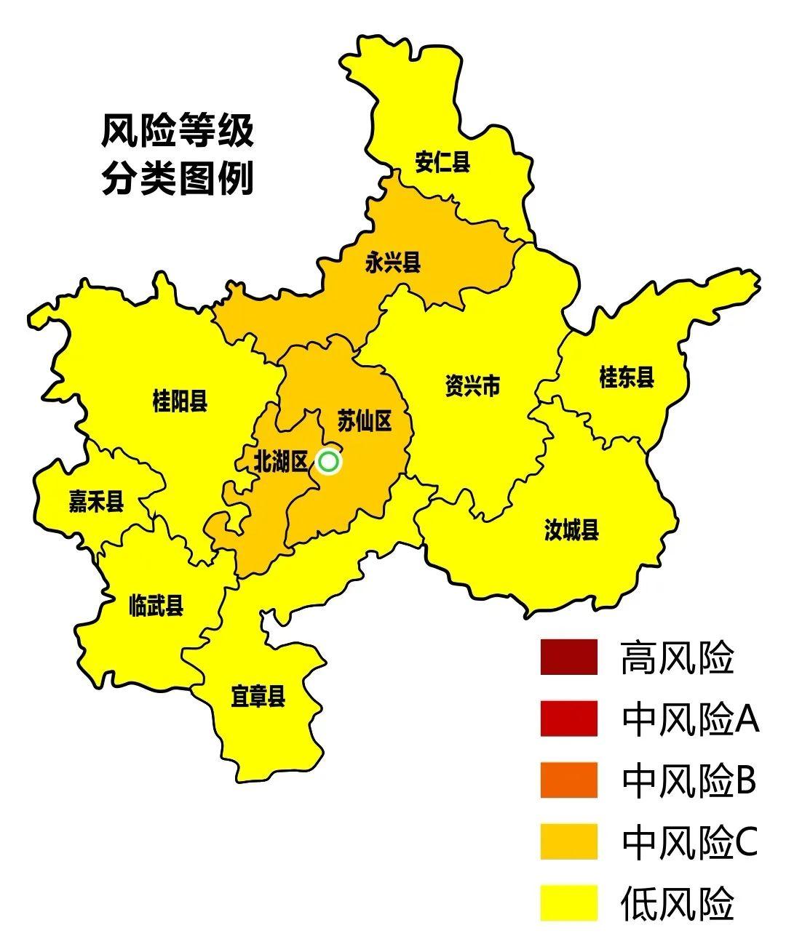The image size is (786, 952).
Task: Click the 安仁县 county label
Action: [442, 161]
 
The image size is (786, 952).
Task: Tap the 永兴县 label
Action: [393, 262]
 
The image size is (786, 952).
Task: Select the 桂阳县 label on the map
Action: [180, 400]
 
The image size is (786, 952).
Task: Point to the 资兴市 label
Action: [472, 385]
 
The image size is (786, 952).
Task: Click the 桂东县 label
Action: [627, 377]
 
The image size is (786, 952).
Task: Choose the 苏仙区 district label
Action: [365, 420]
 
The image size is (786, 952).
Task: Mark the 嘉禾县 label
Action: [96, 501]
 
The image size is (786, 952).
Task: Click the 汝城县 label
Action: [571, 529]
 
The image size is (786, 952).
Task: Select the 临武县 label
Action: [156, 605]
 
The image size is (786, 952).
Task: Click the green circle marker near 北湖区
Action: [329, 462]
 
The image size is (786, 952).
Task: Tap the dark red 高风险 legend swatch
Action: [568, 657]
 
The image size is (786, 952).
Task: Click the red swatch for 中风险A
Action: [568, 719]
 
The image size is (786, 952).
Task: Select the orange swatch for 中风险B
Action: [568, 780]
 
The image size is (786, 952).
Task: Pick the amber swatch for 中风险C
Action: [568, 841]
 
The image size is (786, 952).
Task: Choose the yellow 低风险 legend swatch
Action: [568, 903]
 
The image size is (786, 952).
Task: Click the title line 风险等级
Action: [178, 132]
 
